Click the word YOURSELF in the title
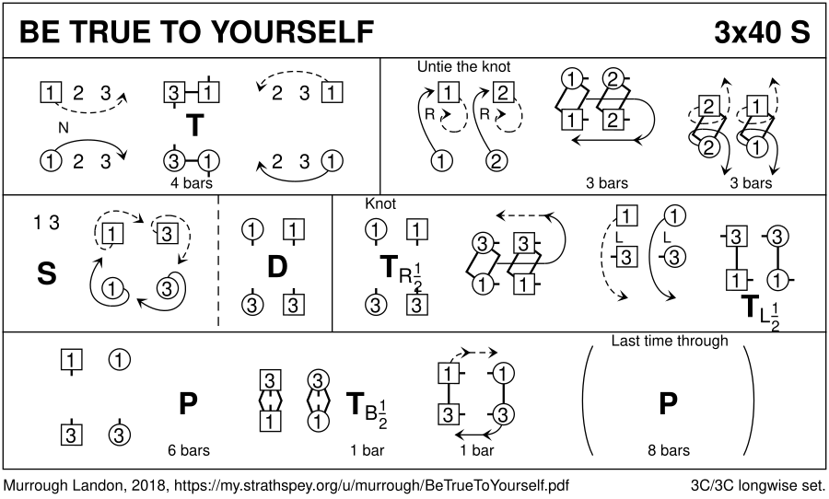click(x=295, y=31)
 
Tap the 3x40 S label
click(x=762, y=31)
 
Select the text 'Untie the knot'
click(x=463, y=66)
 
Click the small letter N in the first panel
click(x=64, y=127)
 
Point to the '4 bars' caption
click(x=192, y=183)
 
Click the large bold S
click(x=47, y=273)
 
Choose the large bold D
click(x=277, y=266)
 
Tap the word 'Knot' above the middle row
click(x=380, y=203)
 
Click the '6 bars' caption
click(x=189, y=450)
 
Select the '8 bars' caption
click(x=669, y=450)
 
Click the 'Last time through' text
click(x=670, y=341)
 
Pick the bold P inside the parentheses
click(x=669, y=404)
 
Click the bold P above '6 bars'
click(x=188, y=404)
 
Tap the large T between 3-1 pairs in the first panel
click(x=195, y=125)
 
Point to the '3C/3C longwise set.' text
click(x=758, y=485)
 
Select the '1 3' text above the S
click(x=47, y=223)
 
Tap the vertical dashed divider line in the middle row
click(x=218, y=262)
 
